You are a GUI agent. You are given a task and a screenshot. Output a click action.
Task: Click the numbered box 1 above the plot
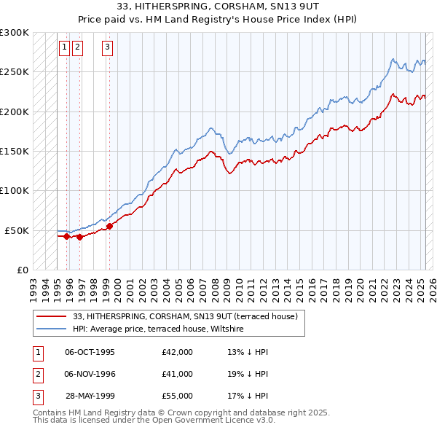pos(64,48)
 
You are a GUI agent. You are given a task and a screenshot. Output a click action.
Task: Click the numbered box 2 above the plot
pos(77,48)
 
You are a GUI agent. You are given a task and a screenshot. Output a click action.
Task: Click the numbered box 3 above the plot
pos(107,48)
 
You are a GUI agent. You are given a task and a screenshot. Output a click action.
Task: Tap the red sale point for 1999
pos(109,226)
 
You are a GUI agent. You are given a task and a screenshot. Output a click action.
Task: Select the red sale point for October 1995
pos(66,236)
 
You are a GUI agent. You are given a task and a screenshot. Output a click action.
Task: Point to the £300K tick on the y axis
pos(15,33)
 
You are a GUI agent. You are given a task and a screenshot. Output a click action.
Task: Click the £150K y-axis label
pos(15,151)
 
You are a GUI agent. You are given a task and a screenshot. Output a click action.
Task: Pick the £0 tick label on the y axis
pos(21,270)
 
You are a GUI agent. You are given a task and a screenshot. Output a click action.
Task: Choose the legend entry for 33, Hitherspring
pos(185,317)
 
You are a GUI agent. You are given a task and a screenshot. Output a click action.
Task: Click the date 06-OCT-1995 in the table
pos(90,352)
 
